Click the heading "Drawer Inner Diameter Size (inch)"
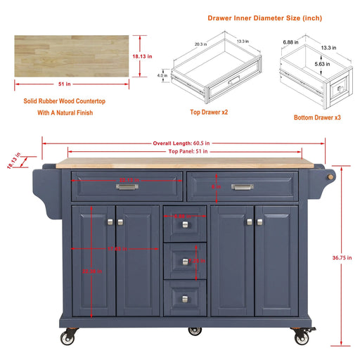click(x=266, y=18)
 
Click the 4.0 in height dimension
click(x=181, y=75)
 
